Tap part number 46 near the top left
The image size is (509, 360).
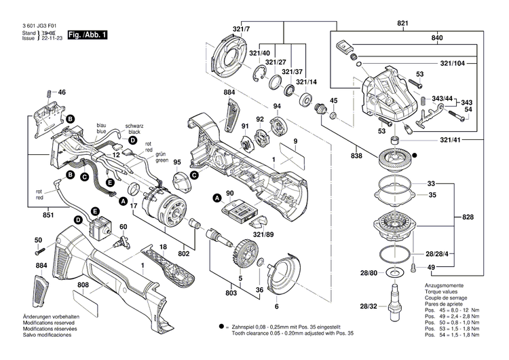(x=62, y=92)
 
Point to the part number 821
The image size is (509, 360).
(x=403, y=24)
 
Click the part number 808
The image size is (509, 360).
(x=82, y=286)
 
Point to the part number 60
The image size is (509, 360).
(x=123, y=226)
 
